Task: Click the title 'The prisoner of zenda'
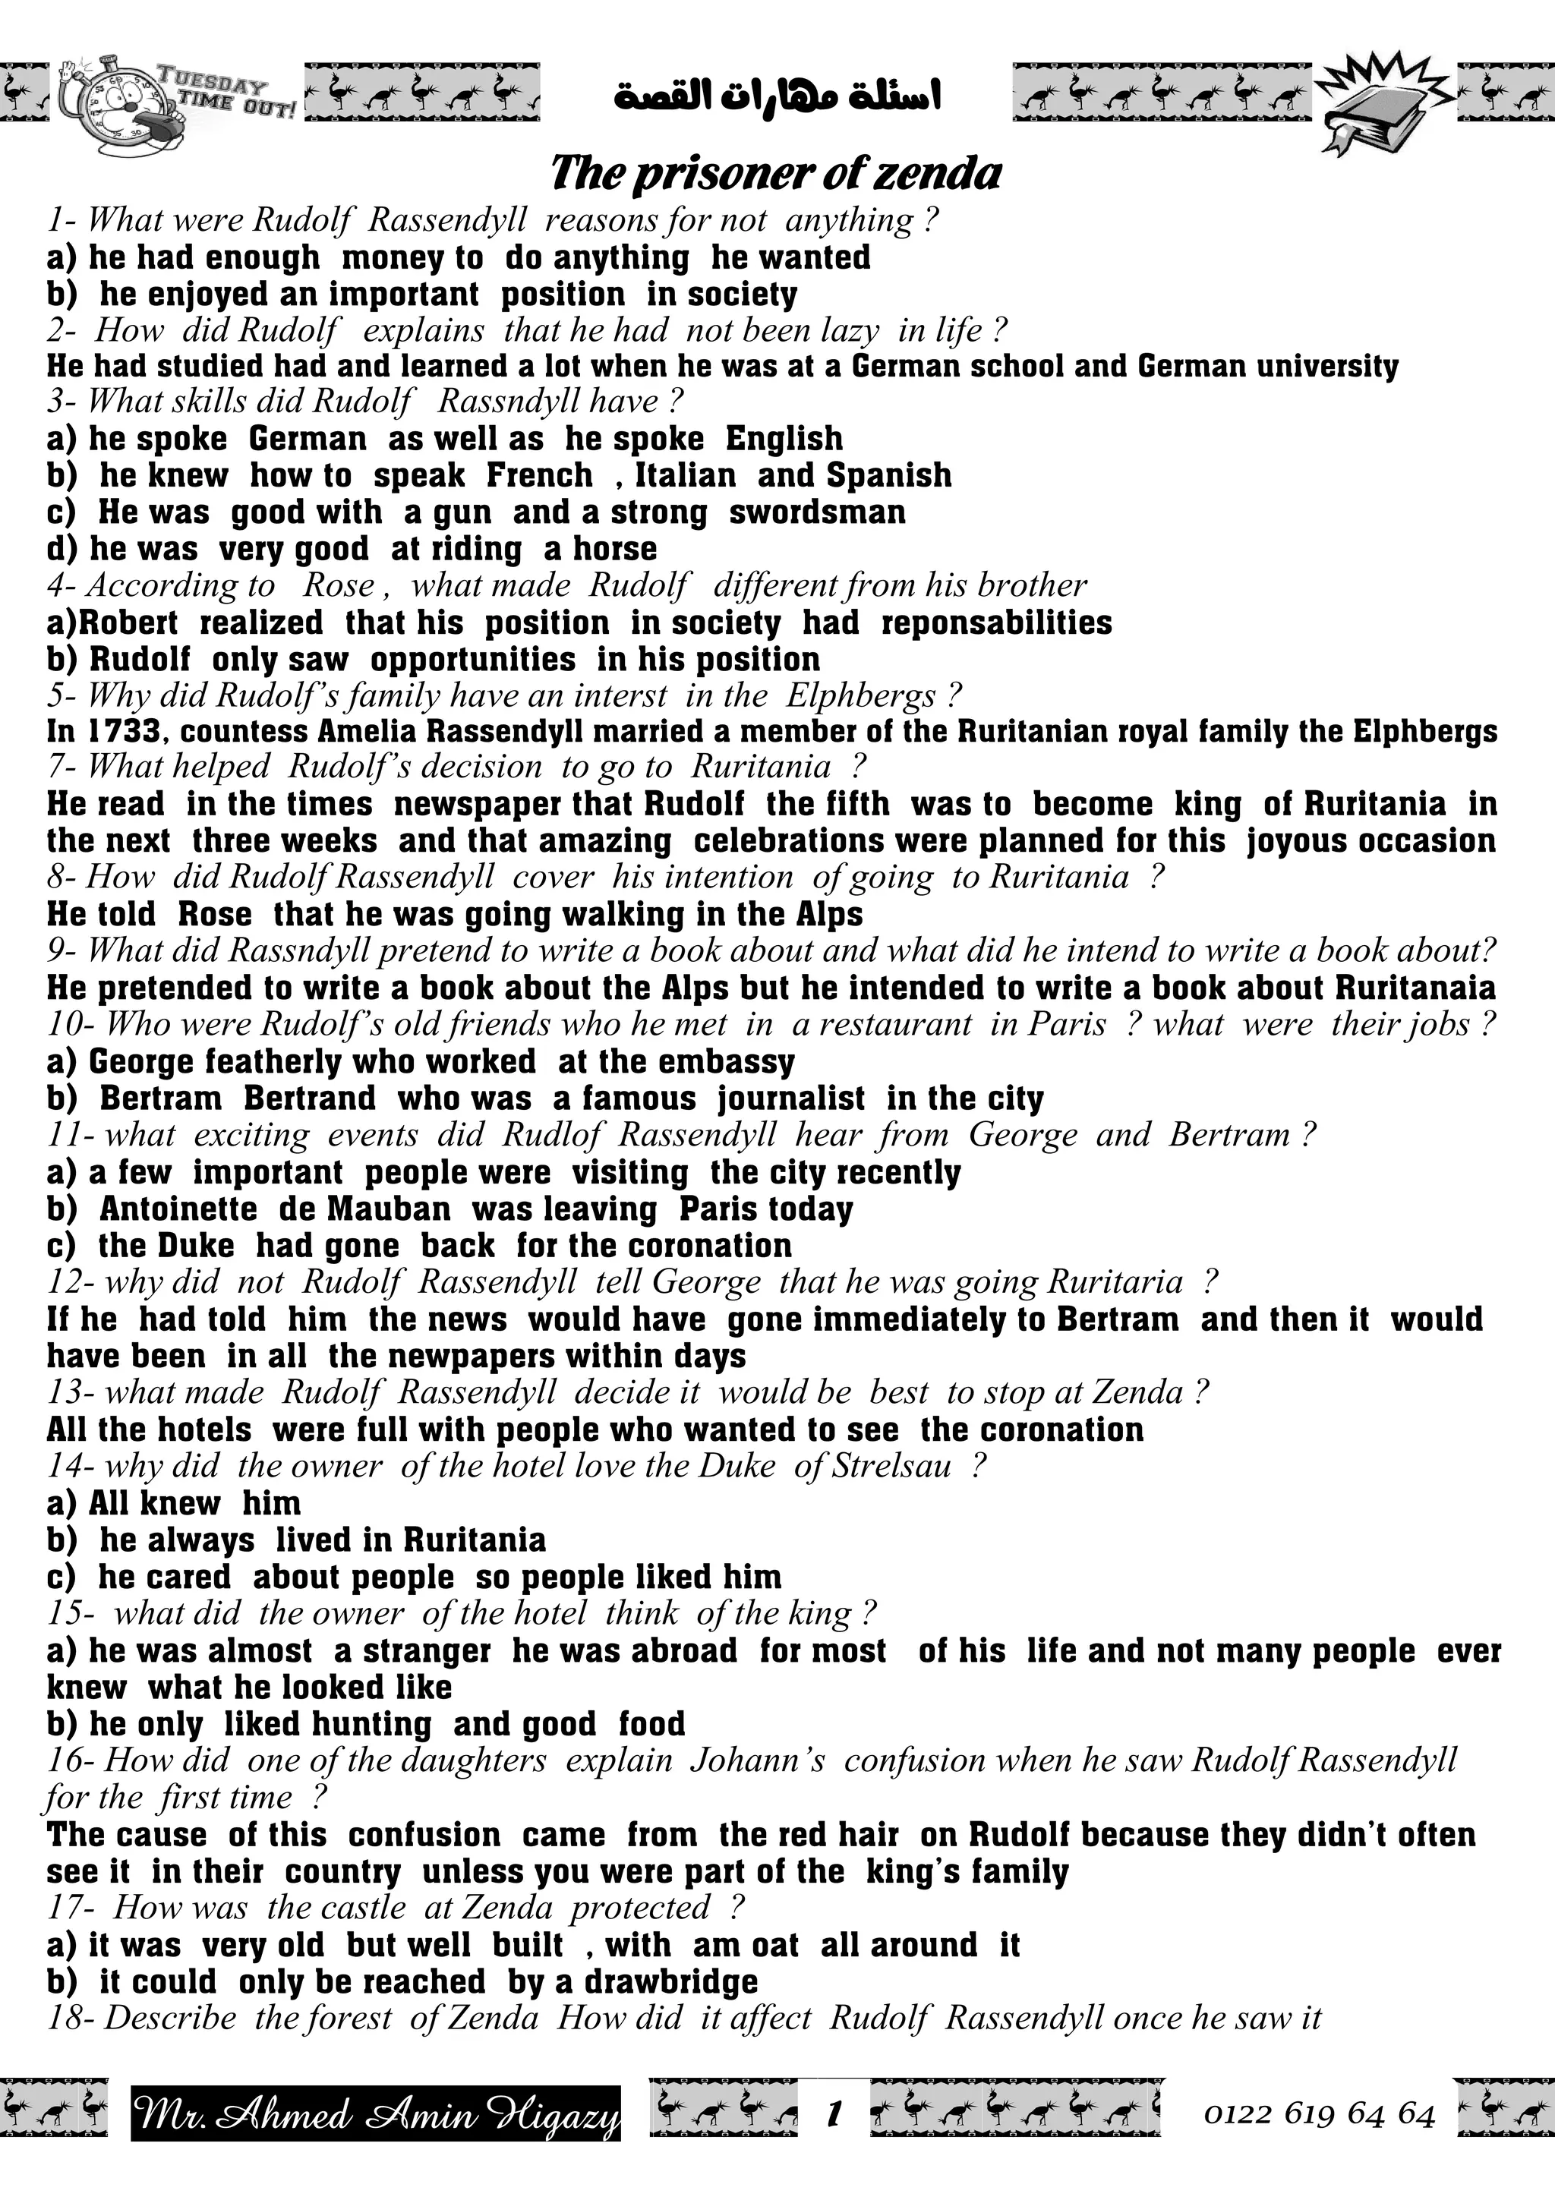(776, 175)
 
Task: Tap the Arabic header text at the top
(776, 96)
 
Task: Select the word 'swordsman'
(816, 512)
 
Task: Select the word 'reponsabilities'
(996, 622)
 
